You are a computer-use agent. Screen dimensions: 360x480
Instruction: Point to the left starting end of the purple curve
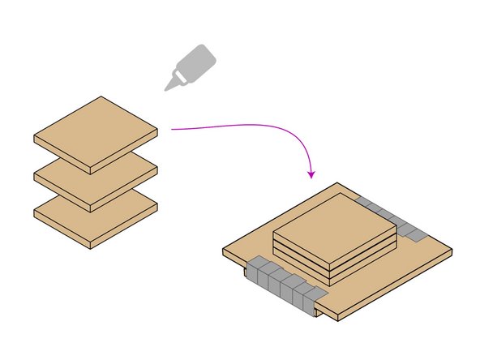171,128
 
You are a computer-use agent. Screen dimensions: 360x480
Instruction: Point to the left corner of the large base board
225,252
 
